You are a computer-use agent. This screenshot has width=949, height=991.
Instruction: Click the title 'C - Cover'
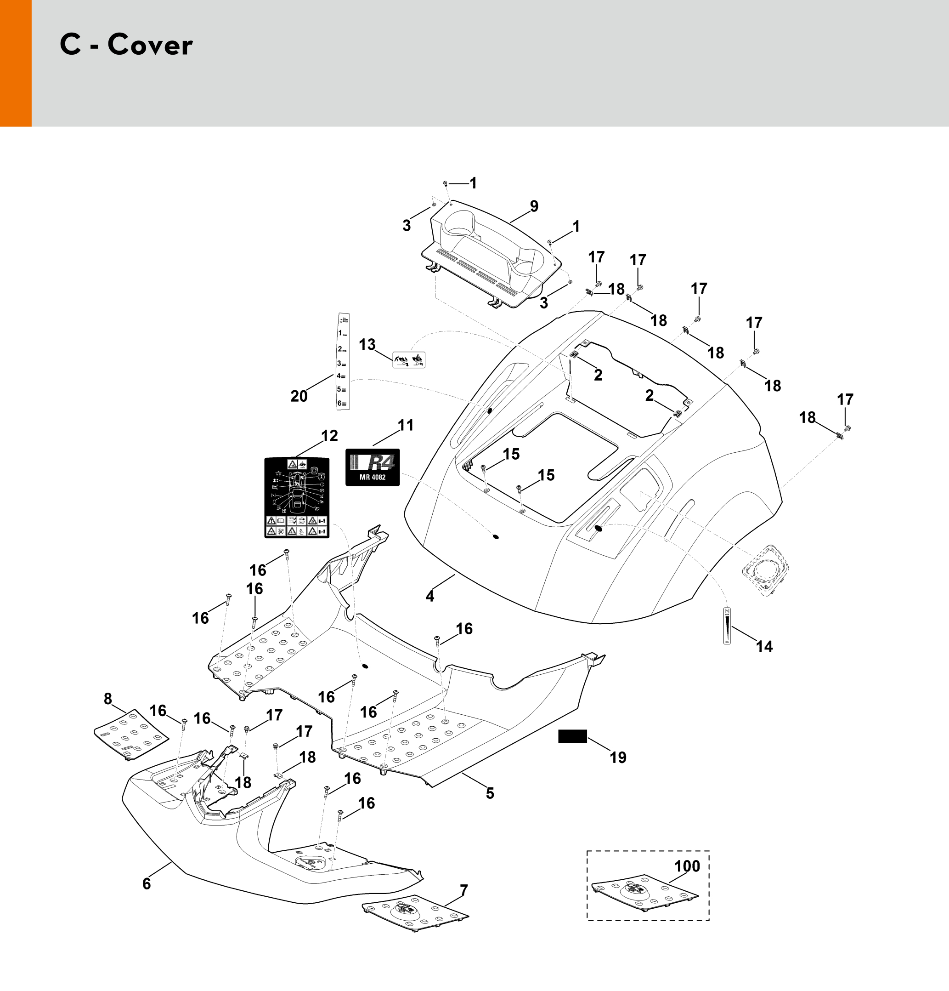click(126, 45)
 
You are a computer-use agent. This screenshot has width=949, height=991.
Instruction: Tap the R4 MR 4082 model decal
click(373, 467)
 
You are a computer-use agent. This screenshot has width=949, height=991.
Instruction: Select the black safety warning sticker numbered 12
click(297, 497)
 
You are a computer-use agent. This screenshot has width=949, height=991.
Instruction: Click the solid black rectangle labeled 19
click(572, 737)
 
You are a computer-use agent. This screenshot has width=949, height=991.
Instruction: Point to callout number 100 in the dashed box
click(687, 866)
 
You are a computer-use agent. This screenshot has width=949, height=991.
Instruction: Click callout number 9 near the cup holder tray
click(534, 206)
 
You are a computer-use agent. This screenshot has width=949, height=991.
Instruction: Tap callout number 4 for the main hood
click(429, 597)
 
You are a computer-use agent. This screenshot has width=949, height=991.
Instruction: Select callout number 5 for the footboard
click(490, 793)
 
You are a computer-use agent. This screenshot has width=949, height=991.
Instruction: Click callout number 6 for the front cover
click(147, 883)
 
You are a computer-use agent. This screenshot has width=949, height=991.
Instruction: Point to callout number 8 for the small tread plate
click(107, 699)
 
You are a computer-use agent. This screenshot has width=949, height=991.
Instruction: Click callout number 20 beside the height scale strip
click(299, 396)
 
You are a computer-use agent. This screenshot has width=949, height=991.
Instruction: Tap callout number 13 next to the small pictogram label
click(367, 344)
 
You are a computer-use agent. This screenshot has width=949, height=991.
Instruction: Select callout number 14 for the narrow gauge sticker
click(764, 646)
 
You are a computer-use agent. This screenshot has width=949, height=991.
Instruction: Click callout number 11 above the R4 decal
click(406, 425)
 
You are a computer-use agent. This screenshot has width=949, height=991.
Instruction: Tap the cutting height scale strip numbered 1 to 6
click(344, 361)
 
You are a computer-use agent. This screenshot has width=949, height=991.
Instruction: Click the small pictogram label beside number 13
click(409, 359)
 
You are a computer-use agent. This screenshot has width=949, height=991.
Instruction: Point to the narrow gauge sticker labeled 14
click(727, 625)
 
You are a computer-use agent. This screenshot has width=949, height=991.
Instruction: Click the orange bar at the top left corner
click(16, 63)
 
